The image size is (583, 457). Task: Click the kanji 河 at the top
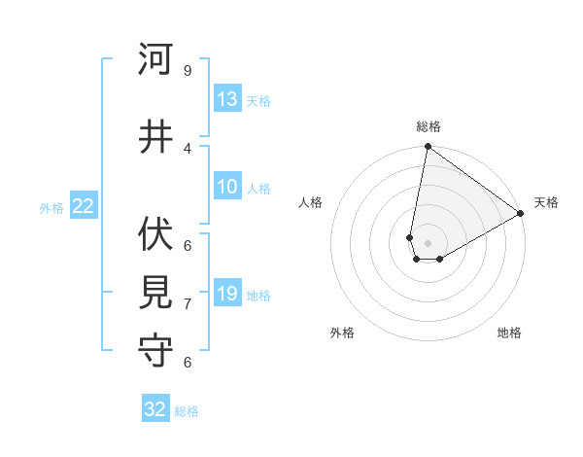point(155,60)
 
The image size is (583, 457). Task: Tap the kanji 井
point(155,137)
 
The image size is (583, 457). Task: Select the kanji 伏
point(155,233)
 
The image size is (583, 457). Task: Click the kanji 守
point(155,351)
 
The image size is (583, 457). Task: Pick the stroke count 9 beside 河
point(188,71)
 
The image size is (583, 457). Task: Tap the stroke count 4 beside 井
point(188,148)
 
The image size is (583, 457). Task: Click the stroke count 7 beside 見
point(188,304)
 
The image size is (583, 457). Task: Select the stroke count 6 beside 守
point(188,362)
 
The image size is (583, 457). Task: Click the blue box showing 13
point(227,100)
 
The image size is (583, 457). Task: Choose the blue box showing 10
point(227,188)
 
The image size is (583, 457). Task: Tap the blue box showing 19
point(227,294)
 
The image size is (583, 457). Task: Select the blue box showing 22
point(84,206)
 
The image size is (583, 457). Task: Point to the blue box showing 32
point(155,409)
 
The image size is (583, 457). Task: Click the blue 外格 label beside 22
point(51,207)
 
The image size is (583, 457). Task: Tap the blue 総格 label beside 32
point(188,411)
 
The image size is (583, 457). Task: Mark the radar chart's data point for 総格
point(428,147)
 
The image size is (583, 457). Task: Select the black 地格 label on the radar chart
point(509,333)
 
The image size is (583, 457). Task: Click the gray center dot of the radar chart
point(428,241)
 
